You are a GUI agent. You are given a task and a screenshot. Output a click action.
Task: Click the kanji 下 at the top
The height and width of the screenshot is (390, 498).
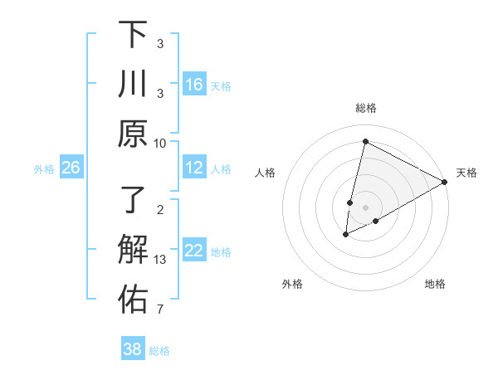coord(133,35)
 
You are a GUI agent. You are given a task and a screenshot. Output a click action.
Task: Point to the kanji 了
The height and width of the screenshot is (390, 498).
coord(133,202)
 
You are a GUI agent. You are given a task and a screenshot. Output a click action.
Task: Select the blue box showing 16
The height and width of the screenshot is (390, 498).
coord(194,85)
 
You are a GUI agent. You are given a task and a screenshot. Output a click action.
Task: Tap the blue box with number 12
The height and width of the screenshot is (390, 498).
coord(194,168)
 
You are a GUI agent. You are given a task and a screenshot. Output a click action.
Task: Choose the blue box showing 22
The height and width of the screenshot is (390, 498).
coord(194,251)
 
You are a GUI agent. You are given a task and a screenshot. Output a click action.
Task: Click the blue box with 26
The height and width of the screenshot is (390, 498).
coord(71,168)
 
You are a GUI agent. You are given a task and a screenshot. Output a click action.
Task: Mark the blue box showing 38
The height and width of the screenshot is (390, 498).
coord(132,349)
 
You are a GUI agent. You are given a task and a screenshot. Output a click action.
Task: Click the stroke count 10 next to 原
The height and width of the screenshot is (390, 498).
coord(160,143)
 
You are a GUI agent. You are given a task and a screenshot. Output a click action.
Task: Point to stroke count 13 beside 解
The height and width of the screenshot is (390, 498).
coord(160,261)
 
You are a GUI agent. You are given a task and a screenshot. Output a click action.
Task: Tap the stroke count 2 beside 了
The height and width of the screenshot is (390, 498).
coord(160,210)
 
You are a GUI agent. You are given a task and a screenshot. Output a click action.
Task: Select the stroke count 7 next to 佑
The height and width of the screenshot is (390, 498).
coord(160,310)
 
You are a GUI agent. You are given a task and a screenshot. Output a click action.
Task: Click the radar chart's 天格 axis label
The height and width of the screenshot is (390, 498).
coord(466,173)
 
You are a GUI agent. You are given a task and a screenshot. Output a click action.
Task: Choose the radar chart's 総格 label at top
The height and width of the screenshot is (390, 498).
coord(365,108)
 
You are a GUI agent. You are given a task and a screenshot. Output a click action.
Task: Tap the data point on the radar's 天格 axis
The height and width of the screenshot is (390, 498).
coord(445,182)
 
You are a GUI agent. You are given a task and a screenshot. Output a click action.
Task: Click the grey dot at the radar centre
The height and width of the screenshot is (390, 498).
coord(365,207)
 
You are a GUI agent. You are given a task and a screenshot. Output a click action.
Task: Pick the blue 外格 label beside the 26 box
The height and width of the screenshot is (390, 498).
coord(44,169)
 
